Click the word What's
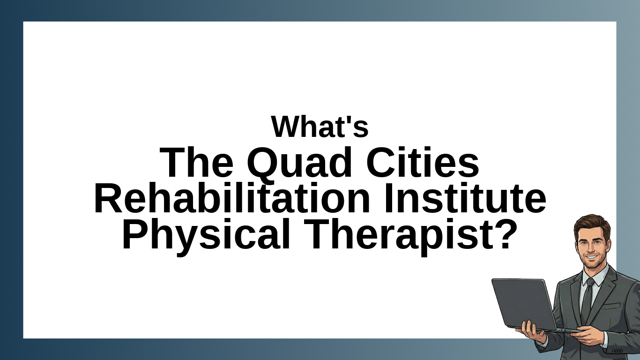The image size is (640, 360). coord(320,127)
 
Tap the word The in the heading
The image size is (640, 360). coord(196,163)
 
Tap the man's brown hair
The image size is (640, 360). coord(592,223)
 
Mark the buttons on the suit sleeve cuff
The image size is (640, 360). coord(617,350)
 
